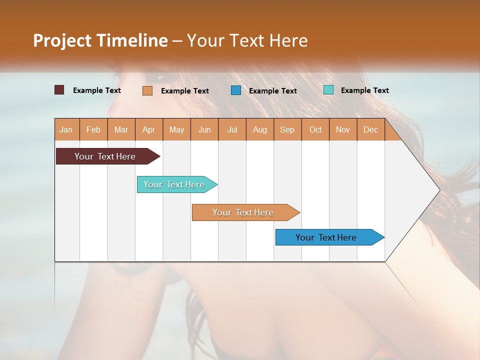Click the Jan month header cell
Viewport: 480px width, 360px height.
(x=66, y=130)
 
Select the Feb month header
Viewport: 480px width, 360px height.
(x=93, y=130)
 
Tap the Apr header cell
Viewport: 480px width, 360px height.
(x=149, y=130)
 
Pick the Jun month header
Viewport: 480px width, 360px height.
(x=204, y=130)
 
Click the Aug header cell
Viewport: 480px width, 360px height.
(x=260, y=130)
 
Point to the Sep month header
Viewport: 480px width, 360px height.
(x=287, y=130)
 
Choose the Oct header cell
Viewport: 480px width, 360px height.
(x=315, y=130)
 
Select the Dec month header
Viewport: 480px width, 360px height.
(x=371, y=130)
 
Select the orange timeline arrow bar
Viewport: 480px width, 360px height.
(x=243, y=212)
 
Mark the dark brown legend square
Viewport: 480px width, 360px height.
(x=59, y=90)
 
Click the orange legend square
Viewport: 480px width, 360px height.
(x=147, y=90)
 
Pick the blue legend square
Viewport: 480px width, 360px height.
(x=236, y=90)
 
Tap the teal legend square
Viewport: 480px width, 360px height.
(x=328, y=90)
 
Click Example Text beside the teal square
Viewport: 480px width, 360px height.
(x=364, y=90)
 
